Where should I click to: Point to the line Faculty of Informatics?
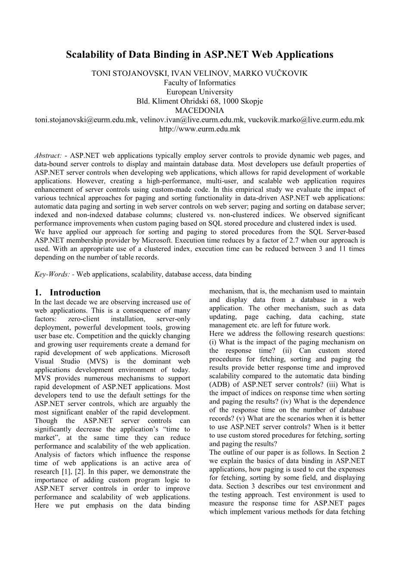click(199, 83)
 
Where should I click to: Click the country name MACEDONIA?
click(199, 110)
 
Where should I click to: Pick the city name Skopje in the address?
click(250, 101)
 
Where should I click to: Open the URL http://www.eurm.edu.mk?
click(199, 129)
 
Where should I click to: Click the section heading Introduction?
click(75, 293)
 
